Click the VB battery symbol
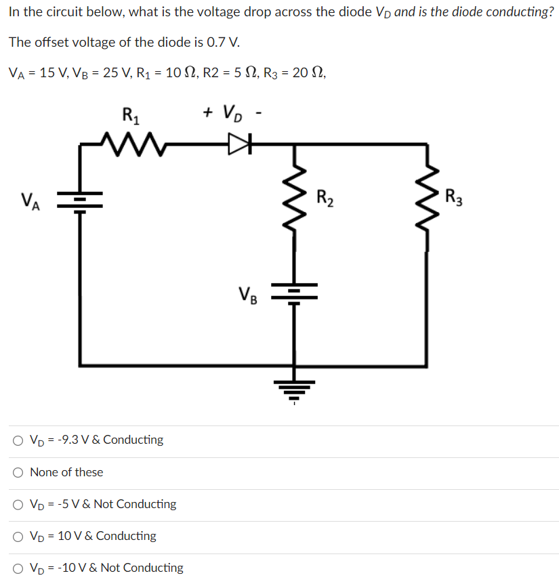click(293, 293)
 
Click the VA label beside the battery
click(30, 201)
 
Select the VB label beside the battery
click(247, 295)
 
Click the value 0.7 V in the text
click(223, 42)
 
